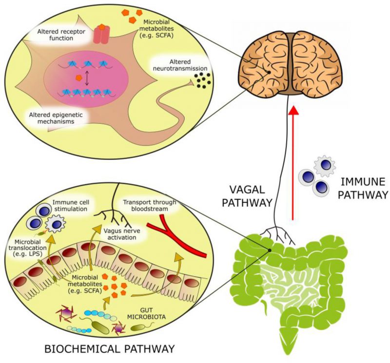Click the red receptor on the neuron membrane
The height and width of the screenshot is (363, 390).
101,35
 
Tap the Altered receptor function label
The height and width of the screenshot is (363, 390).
59,36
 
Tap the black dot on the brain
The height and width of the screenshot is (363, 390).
268,73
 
